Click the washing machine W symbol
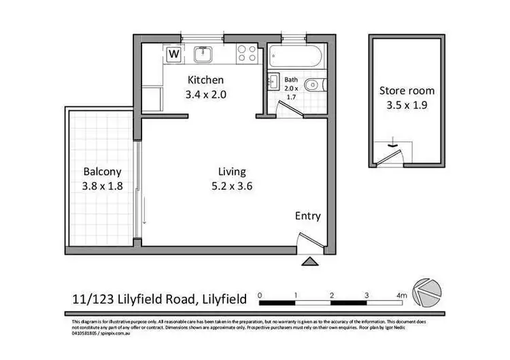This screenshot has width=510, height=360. point(174,53)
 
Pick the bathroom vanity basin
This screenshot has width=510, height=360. point(273,82)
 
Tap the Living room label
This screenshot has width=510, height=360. point(232,171)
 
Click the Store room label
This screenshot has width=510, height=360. point(407,91)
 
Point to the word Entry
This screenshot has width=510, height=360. point(307,216)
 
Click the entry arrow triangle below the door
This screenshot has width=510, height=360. point(309,261)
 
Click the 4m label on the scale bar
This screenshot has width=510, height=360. point(401,295)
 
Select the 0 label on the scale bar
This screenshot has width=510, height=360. point(261,295)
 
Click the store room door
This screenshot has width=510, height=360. point(390,155)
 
